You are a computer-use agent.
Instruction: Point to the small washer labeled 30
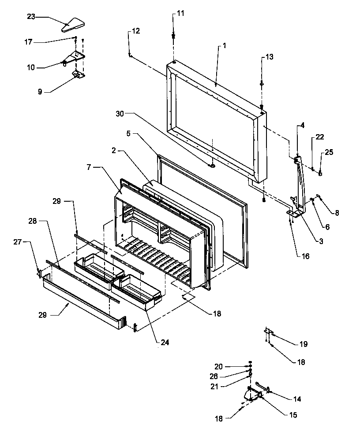(x=212, y=165)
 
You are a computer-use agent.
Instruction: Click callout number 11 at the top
(x=181, y=14)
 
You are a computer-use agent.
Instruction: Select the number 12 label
(x=136, y=31)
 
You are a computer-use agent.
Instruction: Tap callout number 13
(x=269, y=57)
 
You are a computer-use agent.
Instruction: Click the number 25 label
(x=329, y=152)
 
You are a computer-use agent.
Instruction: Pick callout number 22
(x=320, y=139)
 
